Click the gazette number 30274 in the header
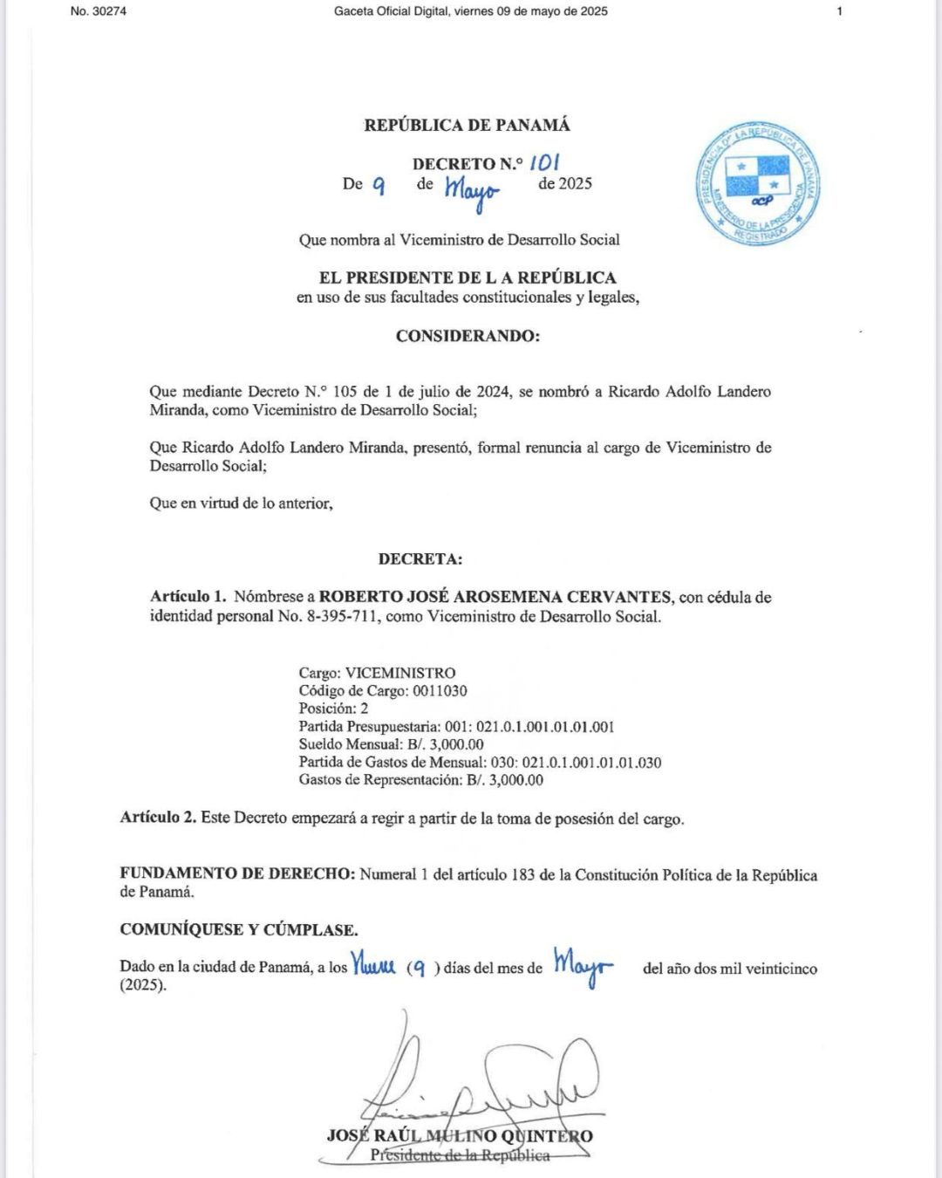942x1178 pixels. [107, 11]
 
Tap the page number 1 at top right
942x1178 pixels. [839, 11]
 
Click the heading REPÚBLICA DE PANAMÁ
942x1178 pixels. [467, 125]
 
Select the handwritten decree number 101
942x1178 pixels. [544, 162]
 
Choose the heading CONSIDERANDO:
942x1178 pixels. [468, 336]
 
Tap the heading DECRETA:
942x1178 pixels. [420, 558]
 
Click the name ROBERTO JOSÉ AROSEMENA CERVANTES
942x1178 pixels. [495, 597]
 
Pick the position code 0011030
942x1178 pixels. [440, 690]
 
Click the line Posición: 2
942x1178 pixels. [333, 708]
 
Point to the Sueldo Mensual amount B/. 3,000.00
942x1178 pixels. [445, 744]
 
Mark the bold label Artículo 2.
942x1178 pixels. [158, 818]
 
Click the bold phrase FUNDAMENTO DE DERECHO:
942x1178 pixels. [237, 874]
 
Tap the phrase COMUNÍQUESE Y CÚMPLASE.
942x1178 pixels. [239, 929]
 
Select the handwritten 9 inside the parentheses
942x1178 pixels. [419, 967]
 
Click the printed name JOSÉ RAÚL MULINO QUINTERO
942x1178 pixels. [460, 1135]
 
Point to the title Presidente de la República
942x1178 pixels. [460, 1154]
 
